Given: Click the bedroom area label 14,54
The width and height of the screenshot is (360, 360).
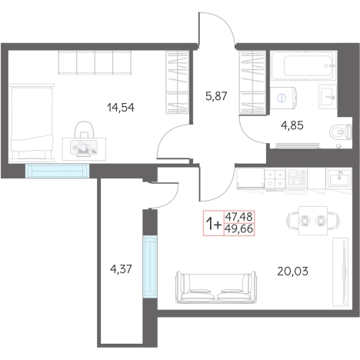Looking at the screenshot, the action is [x=121, y=108].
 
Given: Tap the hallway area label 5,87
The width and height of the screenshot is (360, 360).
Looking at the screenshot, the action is [x=216, y=96].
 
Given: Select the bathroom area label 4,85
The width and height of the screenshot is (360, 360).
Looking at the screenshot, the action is [x=292, y=125].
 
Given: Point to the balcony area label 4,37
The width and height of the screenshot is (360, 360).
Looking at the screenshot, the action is [x=121, y=269].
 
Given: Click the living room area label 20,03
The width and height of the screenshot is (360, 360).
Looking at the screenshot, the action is [x=292, y=271].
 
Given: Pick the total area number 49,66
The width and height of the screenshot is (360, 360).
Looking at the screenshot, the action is [x=239, y=229].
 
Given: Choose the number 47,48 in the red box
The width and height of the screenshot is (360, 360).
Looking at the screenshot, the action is [x=239, y=217].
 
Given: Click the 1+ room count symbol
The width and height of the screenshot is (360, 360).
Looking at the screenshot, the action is [x=214, y=223].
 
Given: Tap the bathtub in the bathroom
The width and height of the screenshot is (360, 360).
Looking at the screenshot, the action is [x=303, y=65].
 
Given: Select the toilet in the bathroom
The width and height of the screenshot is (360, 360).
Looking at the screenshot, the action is [x=341, y=132].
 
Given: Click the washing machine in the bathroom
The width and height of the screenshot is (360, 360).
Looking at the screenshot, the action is [x=284, y=98].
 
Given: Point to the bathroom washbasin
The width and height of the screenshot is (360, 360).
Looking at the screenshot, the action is [x=328, y=96].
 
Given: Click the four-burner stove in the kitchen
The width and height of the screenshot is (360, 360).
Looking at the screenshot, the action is [x=275, y=178].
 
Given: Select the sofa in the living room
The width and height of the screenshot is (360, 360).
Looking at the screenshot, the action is [x=216, y=287].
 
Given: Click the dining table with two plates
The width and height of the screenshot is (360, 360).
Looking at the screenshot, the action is [x=313, y=220].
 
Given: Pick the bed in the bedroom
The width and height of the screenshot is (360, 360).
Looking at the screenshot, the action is [x=32, y=122].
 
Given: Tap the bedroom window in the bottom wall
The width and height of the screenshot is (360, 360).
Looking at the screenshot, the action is [x=57, y=171].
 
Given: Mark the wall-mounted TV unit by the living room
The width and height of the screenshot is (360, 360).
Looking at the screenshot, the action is [x=341, y=272].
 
